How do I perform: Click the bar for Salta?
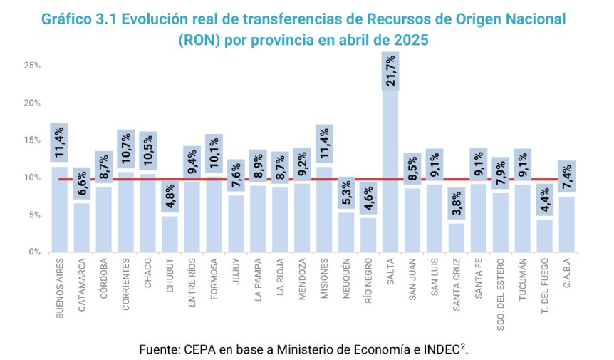[x=391, y=178]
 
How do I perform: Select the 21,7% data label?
[x=391, y=71]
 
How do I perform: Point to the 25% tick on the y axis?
[x=32, y=66]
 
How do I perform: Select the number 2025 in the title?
[x=409, y=41]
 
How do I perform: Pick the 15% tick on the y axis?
[x=32, y=140]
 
